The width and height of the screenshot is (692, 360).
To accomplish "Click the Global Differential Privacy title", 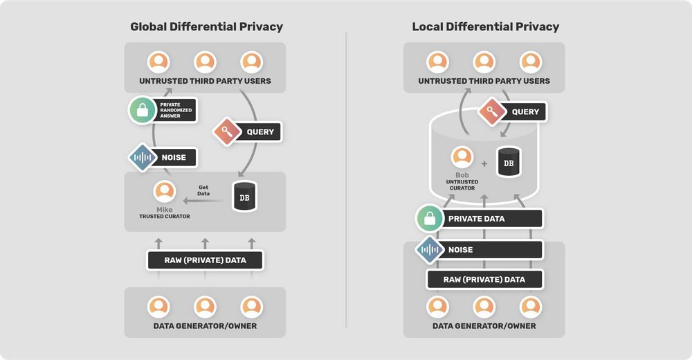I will point(206,27).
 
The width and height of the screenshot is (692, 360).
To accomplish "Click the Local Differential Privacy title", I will point(485,27).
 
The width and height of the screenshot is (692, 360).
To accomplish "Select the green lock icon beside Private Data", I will point(430,219).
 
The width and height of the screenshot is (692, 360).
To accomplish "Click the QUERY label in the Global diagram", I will point(260,132).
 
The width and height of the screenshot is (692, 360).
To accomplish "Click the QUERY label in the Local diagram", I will point(525,111).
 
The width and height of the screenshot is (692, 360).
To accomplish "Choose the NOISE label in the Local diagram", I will point(460,249).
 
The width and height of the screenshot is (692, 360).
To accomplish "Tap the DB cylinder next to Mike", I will point(244,197).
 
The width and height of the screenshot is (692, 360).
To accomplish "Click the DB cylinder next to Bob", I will point(509,162).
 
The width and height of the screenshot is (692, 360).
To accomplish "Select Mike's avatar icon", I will point(165,192).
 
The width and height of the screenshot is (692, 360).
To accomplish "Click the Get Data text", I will point(203,191).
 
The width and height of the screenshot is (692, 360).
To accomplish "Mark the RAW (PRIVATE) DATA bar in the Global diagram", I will point(205,260).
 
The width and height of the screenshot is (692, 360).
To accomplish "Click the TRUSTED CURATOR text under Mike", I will point(165,217).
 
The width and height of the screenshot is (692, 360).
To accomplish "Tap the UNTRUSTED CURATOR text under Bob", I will point(462,185).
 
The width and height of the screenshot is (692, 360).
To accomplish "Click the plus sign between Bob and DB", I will point(484,163).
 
